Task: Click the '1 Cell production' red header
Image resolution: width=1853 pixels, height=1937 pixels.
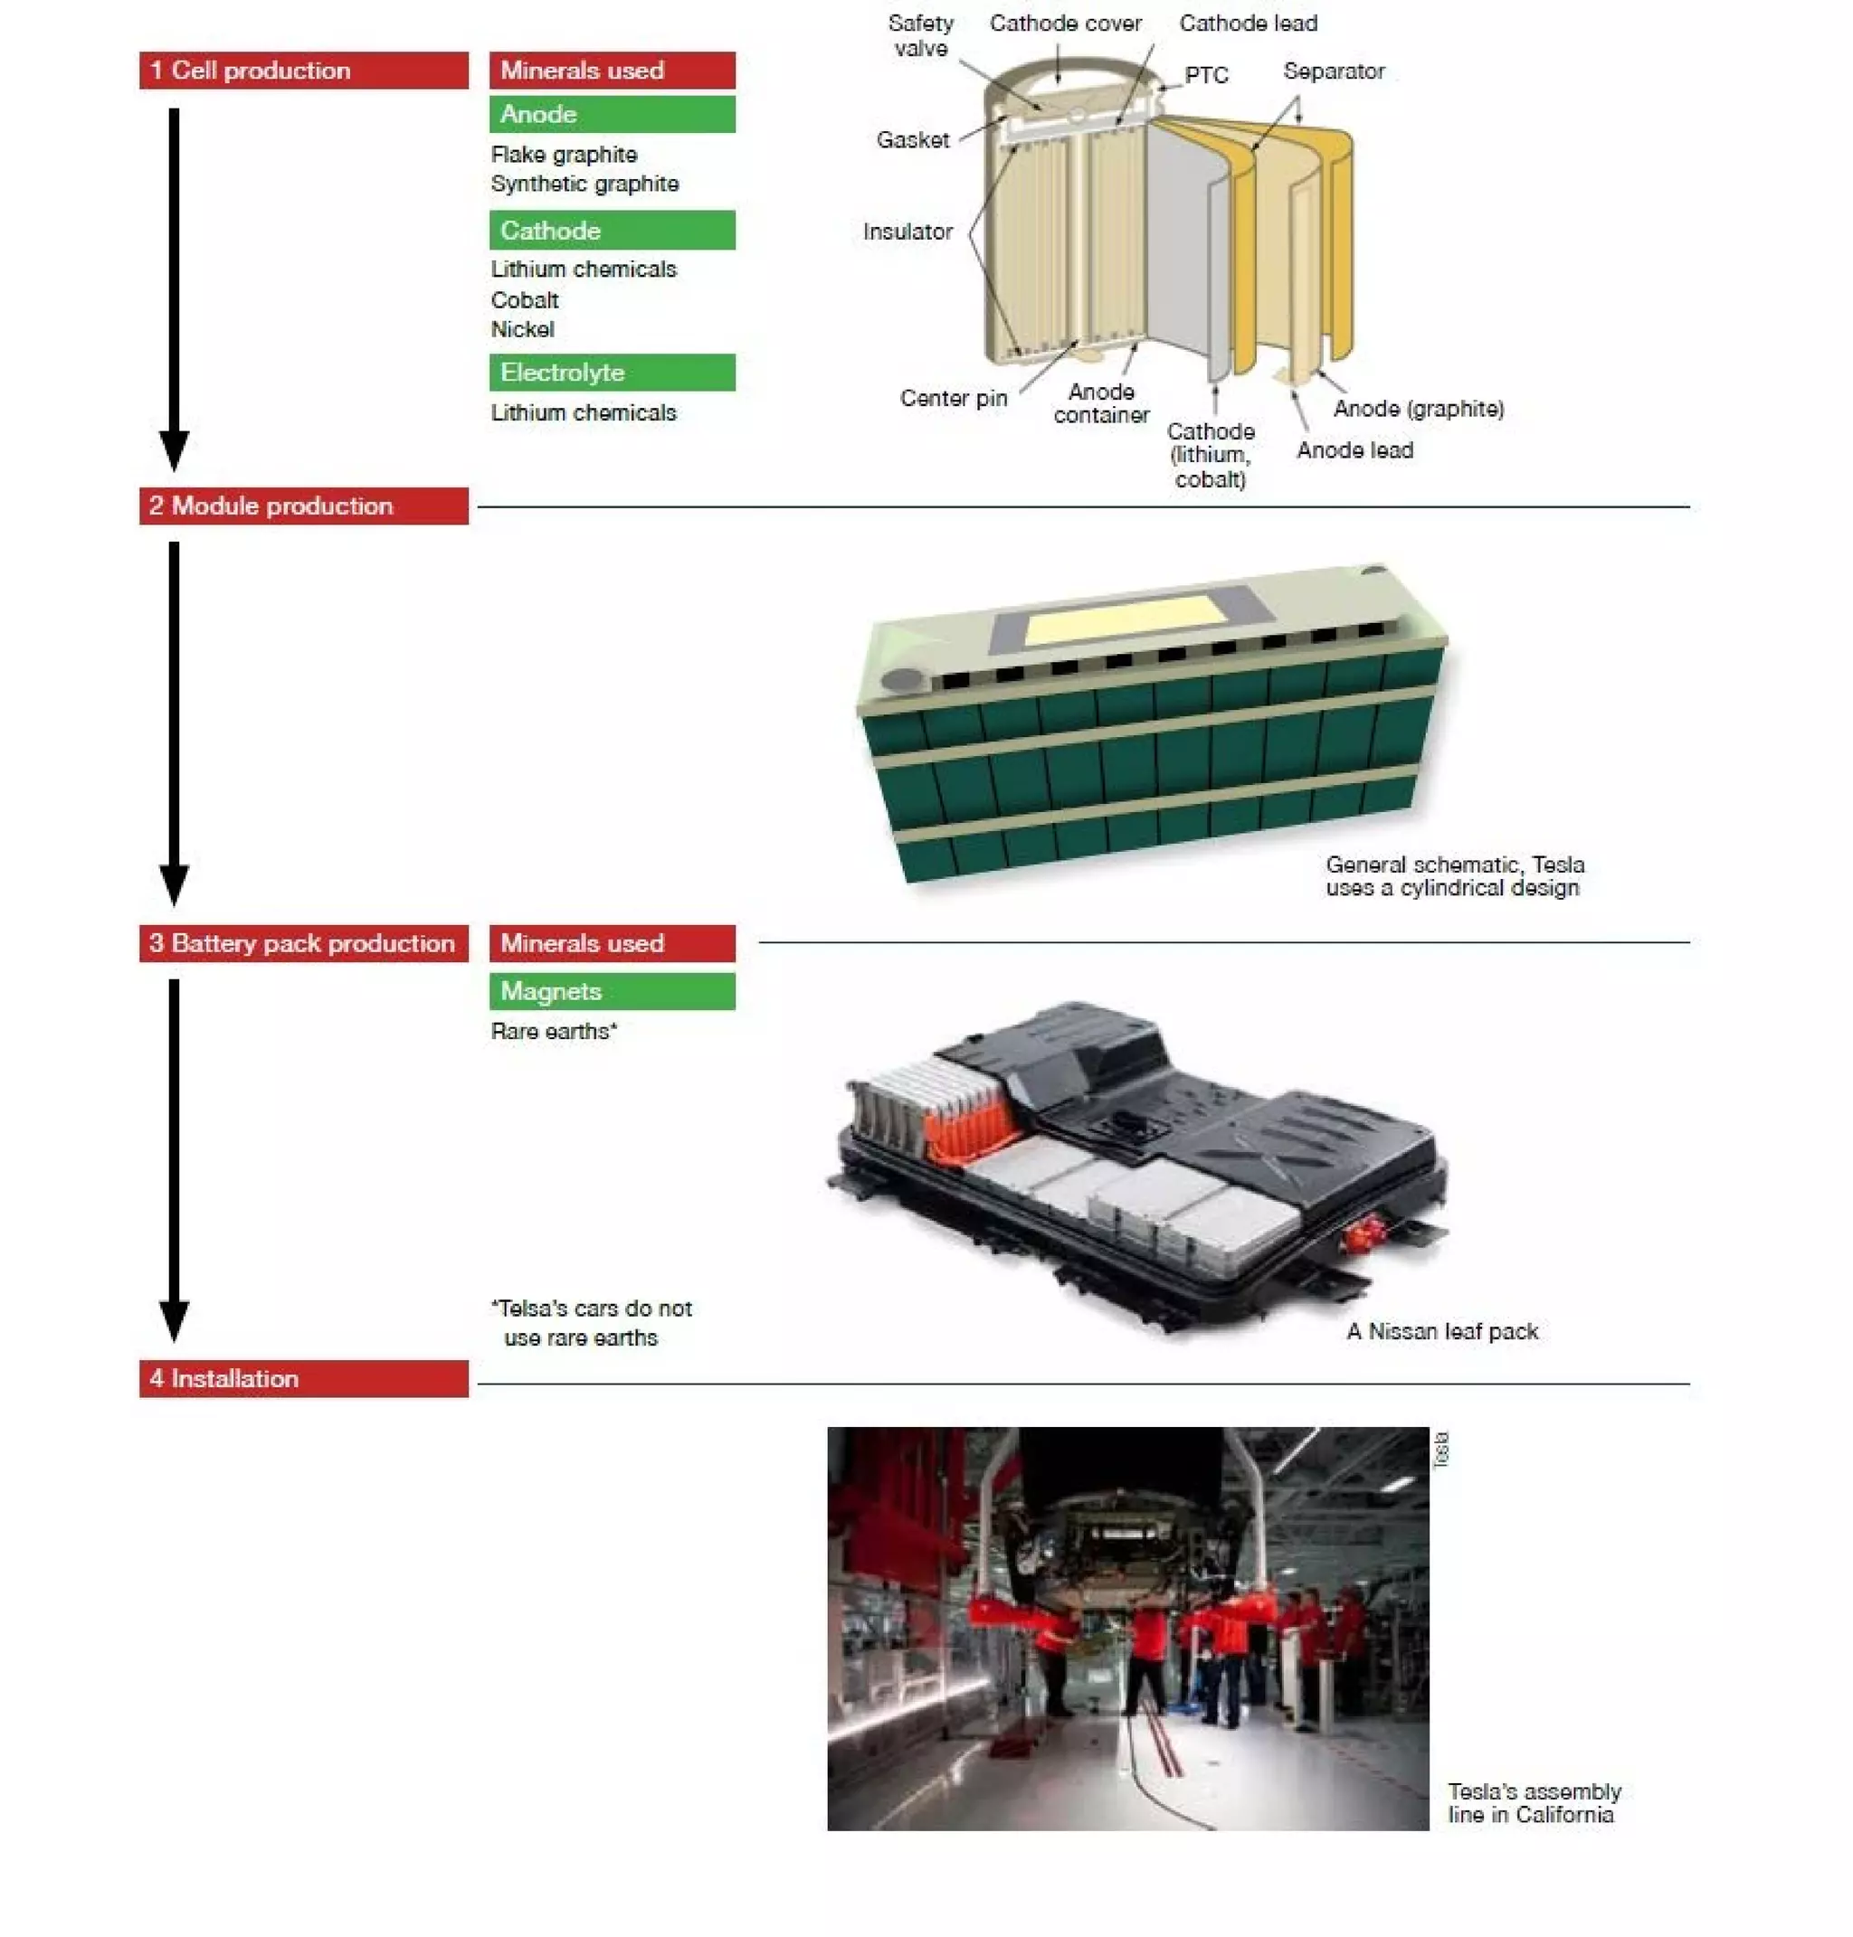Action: pyautogui.click(x=303, y=71)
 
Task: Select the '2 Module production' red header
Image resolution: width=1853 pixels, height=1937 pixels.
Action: pyautogui.click(x=303, y=506)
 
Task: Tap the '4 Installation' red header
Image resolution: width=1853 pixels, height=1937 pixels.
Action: pyautogui.click(x=303, y=1378)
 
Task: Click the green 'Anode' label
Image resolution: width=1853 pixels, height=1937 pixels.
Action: pyautogui.click(x=612, y=115)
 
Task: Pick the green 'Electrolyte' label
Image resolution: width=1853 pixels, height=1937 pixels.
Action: pyautogui.click(x=612, y=373)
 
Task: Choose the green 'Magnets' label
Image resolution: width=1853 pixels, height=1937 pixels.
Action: pyautogui.click(x=612, y=991)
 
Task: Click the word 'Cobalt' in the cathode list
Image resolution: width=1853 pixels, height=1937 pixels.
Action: pyautogui.click(x=525, y=300)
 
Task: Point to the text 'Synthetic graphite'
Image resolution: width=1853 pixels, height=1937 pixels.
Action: pyautogui.click(x=584, y=184)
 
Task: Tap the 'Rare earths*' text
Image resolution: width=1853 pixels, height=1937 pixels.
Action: pyautogui.click(x=554, y=1032)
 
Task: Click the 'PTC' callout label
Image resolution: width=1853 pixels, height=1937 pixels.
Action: pyautogui.click(x=1206, y=76)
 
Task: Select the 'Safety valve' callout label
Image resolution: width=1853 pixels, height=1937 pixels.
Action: pyautogui.click(x=920, y=35)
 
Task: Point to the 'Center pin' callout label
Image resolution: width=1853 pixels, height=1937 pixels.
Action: pyautogui.click(x=953, y=398)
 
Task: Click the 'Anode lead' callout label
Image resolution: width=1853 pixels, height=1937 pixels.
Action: pyautogui.click(x=1354, y=450)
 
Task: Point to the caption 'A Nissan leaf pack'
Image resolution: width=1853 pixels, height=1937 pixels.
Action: pyautogui.click(x=1442, y=1331)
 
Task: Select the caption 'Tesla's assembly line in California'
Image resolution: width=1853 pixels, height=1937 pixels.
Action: pyautogui.click(x=1534, y=1803)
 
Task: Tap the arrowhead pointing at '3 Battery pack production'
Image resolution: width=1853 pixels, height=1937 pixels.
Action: pyautogui.click(x=174, y=884)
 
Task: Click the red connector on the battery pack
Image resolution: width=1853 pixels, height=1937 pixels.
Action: pyautogui.click(x=1366, y=1231)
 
